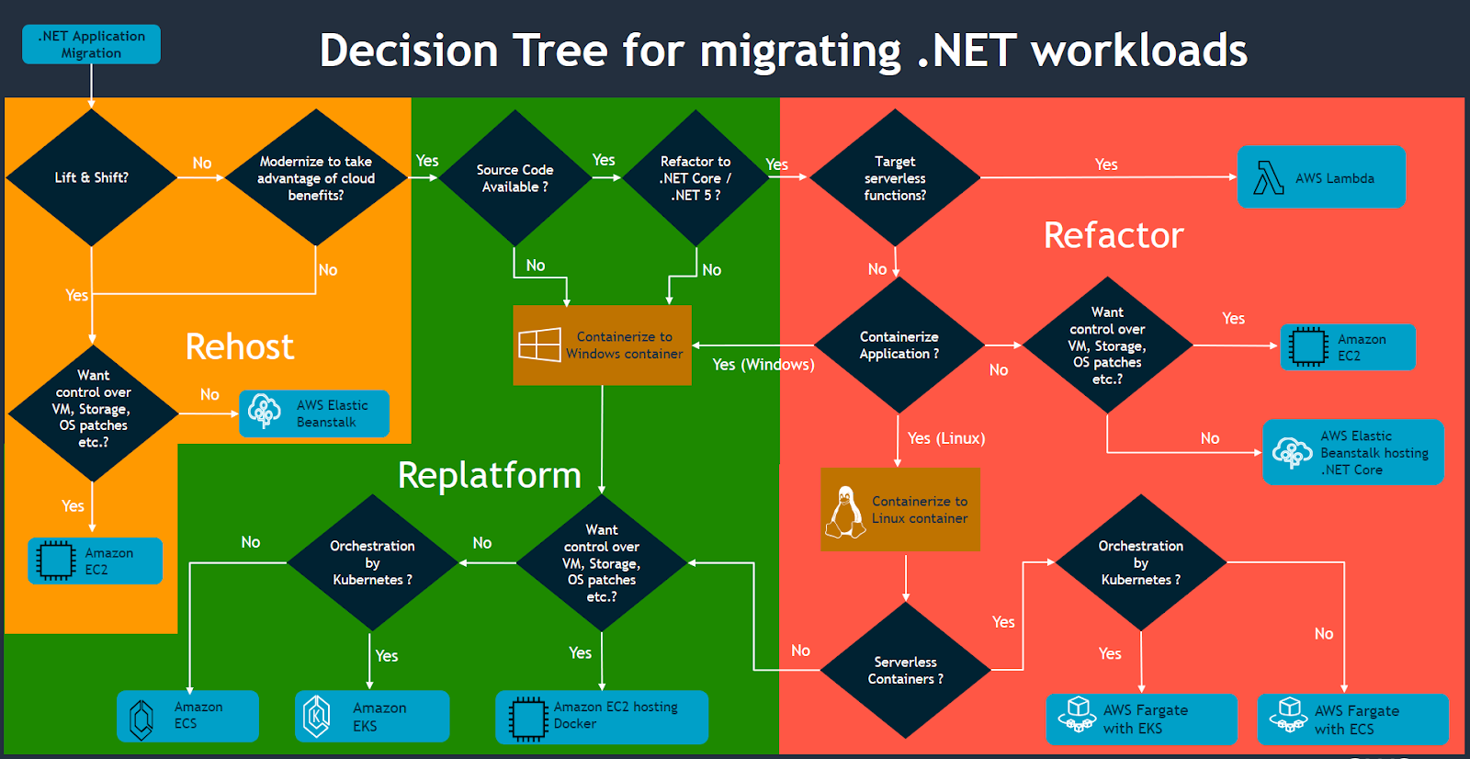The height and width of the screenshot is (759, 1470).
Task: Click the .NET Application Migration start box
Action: (x=91, y=44)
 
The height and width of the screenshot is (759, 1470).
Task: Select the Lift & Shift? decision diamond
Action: (x=91, y=177)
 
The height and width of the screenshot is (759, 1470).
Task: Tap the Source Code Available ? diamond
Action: (x=514, y=177)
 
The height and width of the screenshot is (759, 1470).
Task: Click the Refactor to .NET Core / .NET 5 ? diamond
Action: (x=695, y=177)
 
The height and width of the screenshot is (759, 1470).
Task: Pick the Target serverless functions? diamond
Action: (x=895, y=177)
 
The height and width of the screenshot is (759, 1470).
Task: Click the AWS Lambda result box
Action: (x=1321, y=177)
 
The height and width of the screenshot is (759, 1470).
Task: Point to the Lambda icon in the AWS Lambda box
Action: (x=1269, y=178)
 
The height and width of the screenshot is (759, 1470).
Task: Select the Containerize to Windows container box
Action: (x=602, y=345)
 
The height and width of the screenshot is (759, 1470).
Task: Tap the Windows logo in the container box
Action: (x=539, y=345)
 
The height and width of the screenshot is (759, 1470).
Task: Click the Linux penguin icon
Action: (x=844, y=512)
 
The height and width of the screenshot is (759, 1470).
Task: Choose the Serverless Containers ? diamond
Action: (x=905, y=670)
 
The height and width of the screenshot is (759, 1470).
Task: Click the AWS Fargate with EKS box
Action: (x=1141, y=719)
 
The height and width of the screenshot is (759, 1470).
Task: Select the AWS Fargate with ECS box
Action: (x=1352, y=719)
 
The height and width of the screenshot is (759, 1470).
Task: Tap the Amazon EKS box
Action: (x=372, y=716)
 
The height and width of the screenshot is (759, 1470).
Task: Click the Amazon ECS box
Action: (x=187, y=716)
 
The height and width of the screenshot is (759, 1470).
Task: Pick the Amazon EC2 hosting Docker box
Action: (x=602, y=716)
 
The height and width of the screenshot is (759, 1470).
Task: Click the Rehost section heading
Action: (x=240, y=346)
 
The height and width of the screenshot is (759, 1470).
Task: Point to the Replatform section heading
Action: (x=489, y=475)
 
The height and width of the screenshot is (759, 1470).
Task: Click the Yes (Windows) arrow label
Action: (x=763, y=365)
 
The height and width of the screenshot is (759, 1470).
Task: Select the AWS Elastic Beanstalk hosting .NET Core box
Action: (x=1352, y=452)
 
